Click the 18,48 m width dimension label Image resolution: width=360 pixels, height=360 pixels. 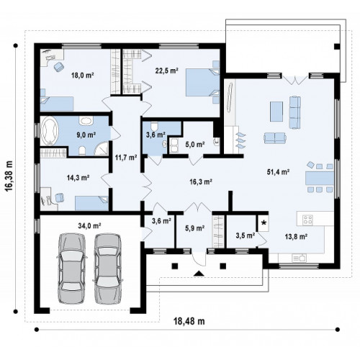(x=189, y=321)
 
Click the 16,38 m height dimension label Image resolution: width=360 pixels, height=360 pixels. (x=9, y=176)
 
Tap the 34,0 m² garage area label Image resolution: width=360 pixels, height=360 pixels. (x=89, y=226)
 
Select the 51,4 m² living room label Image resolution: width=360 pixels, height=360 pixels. (x=278, y=172)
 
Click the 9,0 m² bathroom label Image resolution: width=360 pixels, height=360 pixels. (x=86, y=135)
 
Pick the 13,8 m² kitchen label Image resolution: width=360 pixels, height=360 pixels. (x=297, y=237)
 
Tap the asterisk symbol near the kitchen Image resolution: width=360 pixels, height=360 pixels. (x=264, y=223)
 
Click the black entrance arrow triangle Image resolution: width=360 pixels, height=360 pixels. (x=199, y=274)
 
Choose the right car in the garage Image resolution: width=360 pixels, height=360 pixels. (x=107, y=269)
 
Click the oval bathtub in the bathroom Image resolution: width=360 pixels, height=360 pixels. (x=50, y=131)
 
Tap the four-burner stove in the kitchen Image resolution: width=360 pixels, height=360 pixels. (x=307, y=220)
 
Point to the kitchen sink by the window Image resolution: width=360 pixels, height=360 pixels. (x=299, y=258)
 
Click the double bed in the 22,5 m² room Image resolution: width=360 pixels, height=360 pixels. (x=203, y=83)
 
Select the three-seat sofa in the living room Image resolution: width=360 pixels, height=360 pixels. (x=295, y=112)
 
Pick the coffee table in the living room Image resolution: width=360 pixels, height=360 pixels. (x=276, y=112)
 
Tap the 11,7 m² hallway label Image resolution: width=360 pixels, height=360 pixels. (x=126, y=158)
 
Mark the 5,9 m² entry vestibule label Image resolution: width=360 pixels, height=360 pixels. (x=194, y=228)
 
